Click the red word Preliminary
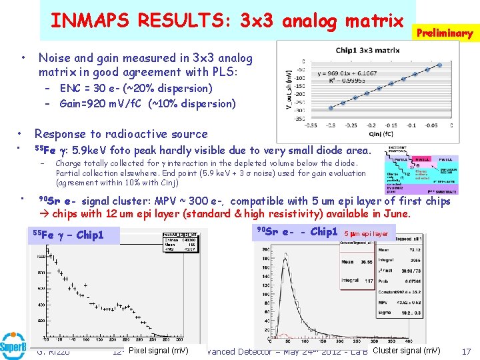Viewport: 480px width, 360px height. click(x=444, y=33)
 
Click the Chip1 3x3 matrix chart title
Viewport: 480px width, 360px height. click(x=367, y=50)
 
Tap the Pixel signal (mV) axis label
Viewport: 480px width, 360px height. click(x=158, y=351)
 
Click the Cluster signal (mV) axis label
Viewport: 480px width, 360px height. click(x=407, y=351)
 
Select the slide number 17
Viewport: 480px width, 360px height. click(x=466, y=351)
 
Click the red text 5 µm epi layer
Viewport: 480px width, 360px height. click(x=367, y=234)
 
